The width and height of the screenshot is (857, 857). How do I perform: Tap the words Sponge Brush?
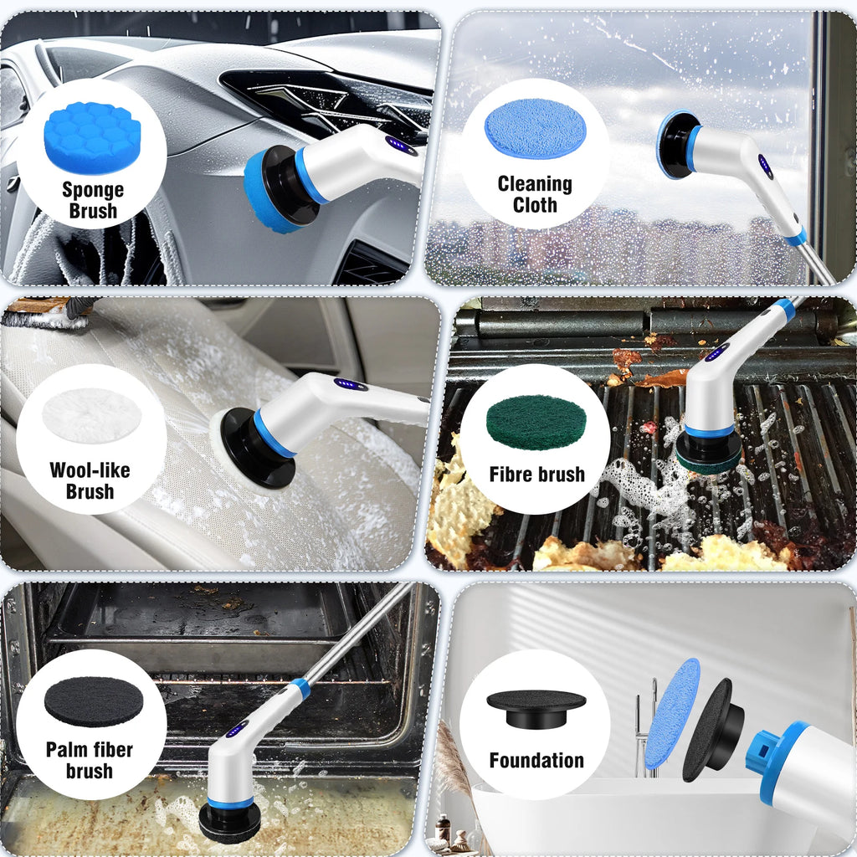92,200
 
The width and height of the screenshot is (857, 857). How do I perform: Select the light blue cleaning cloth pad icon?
536,128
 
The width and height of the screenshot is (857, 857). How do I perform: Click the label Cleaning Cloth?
535,194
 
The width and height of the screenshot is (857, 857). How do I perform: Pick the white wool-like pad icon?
91,415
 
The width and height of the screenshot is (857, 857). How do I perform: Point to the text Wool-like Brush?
90,480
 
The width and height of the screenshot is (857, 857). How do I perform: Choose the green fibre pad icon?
536,422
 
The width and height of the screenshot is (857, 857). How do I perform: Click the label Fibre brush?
536,475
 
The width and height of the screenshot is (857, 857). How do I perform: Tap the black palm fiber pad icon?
93,701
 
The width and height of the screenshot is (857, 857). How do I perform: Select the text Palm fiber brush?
90,759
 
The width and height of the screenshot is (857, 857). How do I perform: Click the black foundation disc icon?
536,707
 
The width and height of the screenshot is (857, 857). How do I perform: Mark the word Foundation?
536,761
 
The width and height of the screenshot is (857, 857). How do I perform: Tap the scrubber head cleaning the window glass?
678,145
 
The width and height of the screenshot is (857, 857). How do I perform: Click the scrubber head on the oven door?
229,819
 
